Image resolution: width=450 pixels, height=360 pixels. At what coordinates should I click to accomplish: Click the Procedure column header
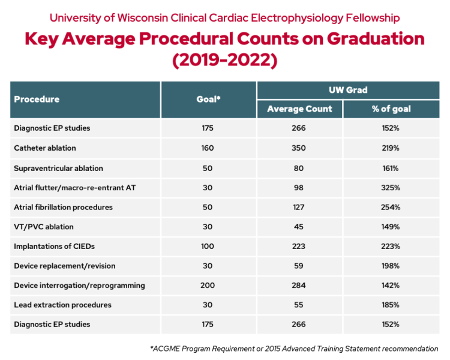tap(37, 99)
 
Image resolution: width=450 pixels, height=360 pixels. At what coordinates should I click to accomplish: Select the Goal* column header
tap(209, 99)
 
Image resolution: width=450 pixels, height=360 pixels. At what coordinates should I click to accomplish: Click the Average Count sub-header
tap(299, 109)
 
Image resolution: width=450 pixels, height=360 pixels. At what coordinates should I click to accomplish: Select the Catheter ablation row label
tap(45, 148)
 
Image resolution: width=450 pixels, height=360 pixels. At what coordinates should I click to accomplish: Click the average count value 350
tap(299, 148)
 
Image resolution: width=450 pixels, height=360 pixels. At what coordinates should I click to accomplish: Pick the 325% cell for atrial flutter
tap(391, 187)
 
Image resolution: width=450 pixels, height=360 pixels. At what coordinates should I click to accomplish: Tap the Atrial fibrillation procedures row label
tap(63, 207)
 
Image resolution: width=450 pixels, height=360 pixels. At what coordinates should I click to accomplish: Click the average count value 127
tap(299, 207)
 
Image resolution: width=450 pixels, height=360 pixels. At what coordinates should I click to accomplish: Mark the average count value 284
tap(299, 285)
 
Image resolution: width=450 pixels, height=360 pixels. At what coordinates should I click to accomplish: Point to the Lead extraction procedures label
tap(62, 305)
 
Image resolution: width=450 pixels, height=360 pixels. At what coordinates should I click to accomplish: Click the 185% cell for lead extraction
tap(391, 305)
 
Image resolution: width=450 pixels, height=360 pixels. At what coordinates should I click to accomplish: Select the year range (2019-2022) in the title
tap(224, 61)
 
